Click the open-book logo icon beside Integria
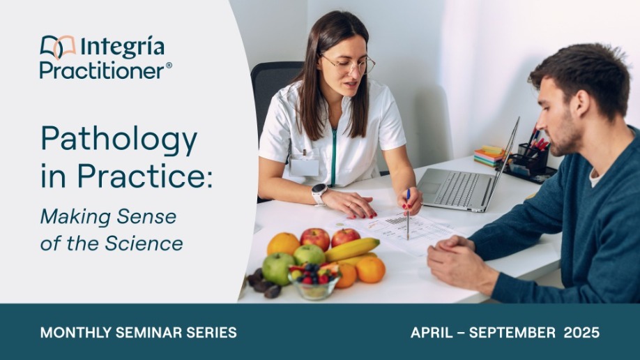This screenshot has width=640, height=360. [x=58, y=47]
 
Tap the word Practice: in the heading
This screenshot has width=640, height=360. [x=145, y=176]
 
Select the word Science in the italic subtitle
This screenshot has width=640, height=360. [x=144, y=243]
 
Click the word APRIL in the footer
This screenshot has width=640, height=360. [x=432, y=333]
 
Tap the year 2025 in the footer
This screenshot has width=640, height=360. [x=581, y=333]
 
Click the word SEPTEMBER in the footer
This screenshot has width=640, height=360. [x=512, y=333]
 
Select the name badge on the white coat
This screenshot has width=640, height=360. [x=304, y=167]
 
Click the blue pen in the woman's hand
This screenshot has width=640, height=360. [x=408, y=214]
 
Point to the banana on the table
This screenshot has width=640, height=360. [x=352, y=249]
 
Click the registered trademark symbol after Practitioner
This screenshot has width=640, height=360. [x=169, y=66]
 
